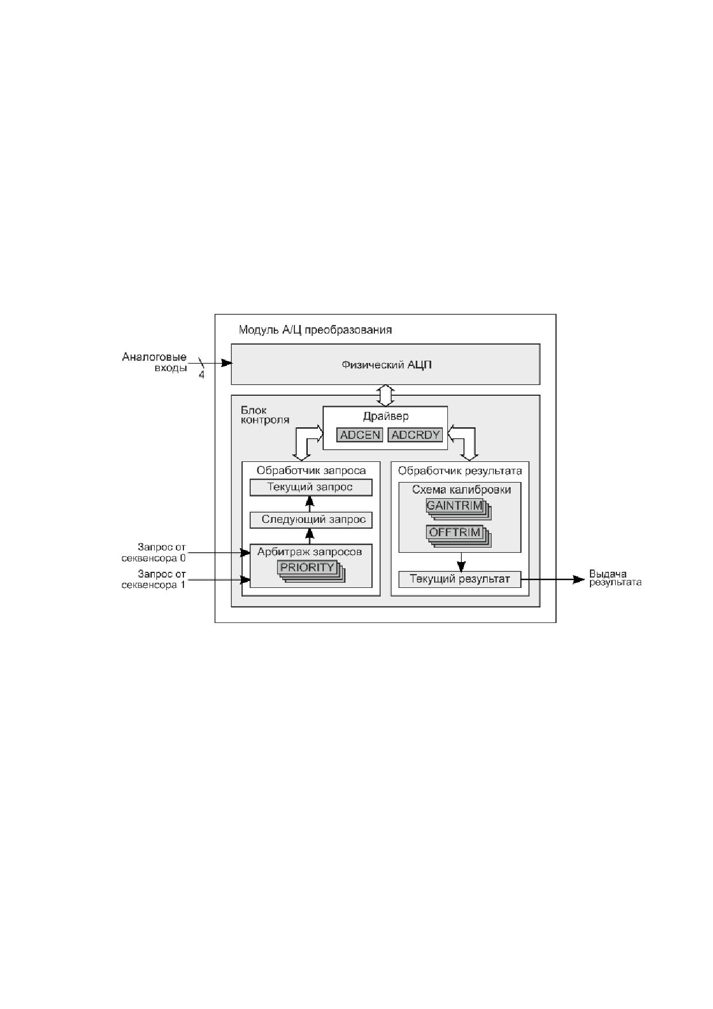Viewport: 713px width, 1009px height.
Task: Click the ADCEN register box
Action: coord(360,435)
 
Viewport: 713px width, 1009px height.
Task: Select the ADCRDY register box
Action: coord(415,435)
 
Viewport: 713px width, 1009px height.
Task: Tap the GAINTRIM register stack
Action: coord(458,510)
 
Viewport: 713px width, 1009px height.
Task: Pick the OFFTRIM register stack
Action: coord(458,536)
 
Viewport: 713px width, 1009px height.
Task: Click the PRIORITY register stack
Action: coord(311,571)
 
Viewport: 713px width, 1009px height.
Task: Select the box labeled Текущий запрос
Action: coord(310,487)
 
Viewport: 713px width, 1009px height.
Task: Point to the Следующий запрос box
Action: coord(310,520)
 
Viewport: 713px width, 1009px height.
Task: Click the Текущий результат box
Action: coord(459,579)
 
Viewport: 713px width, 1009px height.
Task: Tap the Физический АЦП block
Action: coord(385,364)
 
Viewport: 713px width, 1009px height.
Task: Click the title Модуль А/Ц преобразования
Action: coord(315,330)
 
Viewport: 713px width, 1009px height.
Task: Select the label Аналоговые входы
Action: coord(154,362)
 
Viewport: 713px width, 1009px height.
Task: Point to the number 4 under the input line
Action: coord(201,376)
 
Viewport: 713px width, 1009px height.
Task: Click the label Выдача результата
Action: coord(615,578)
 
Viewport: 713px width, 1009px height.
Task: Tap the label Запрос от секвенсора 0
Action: coord(154,552)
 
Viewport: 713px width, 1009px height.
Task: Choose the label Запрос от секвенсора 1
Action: coord(154,579)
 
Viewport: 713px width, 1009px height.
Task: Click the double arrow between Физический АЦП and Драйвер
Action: coord(385,395)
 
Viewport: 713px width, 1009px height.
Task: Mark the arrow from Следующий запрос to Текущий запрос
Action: coord(309,503)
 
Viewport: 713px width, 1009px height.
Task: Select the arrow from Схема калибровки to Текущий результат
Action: coord(461,562)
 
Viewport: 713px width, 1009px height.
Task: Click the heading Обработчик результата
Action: coord(460,471)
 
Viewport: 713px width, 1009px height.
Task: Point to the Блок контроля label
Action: coord(264,415)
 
